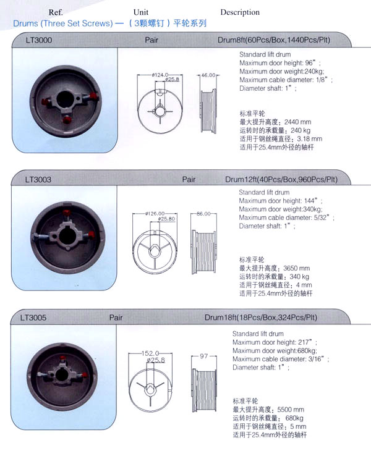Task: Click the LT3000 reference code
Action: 39,40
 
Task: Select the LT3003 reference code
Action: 38,180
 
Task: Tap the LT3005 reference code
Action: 33,318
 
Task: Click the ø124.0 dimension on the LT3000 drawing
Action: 160,75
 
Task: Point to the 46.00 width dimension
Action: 208,75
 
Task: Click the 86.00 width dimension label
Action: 203,214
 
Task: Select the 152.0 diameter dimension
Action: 150,353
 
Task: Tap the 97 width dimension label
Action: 204,356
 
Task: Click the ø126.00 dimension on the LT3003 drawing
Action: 155,213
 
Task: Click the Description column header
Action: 240,12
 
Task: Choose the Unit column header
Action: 141,12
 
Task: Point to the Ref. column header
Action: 56,12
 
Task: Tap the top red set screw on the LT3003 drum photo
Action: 67,214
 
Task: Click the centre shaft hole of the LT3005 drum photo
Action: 62,375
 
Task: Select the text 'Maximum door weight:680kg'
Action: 275,351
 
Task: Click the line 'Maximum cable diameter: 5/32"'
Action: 284,217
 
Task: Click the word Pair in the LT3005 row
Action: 116,318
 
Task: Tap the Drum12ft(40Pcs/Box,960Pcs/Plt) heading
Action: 281,180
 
